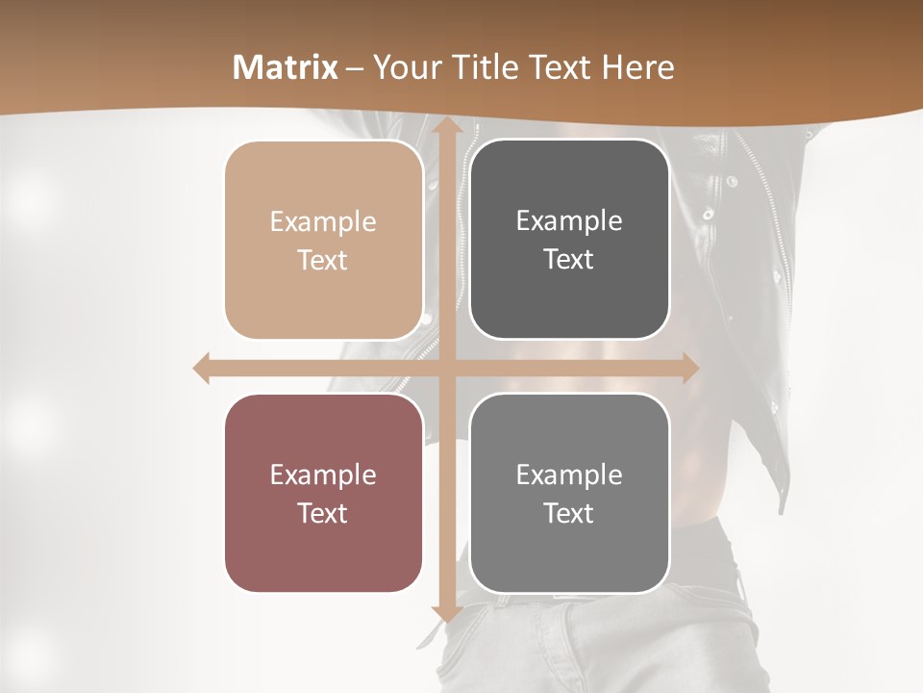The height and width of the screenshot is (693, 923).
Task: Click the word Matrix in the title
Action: click(x=286, y=67)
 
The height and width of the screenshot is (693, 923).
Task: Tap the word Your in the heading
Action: click(x=405, y=67)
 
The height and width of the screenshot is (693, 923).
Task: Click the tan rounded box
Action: click(x=323, y=240)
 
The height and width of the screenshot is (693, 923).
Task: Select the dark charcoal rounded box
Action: click(x=569, y=240)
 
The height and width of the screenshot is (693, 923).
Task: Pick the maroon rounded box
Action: click(x=323, y=493)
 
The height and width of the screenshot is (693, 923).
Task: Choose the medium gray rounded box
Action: click(x=569, y=493)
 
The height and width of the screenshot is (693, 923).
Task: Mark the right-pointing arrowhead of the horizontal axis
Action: click(x=689, y=369)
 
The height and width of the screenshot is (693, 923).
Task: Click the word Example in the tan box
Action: click(x=323, y=221)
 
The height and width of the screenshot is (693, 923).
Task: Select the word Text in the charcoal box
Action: click(x=569, y=259)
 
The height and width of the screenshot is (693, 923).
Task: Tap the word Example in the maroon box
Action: click(x=323, y=475)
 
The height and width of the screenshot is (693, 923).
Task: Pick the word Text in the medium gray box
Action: click(x=569, y=513)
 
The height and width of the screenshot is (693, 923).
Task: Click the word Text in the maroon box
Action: click(x=323, y=513)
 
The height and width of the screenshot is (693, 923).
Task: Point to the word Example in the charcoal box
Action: click(x=569, y=220)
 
